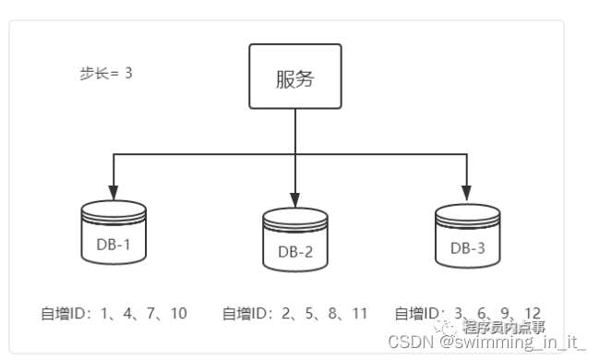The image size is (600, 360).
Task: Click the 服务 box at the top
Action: point(294,77)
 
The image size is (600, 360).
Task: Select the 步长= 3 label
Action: point(105,72)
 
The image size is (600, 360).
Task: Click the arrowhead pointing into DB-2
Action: point(294,200)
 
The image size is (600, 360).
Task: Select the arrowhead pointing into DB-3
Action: point(466,194)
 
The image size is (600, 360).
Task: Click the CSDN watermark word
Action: point(407,342)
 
